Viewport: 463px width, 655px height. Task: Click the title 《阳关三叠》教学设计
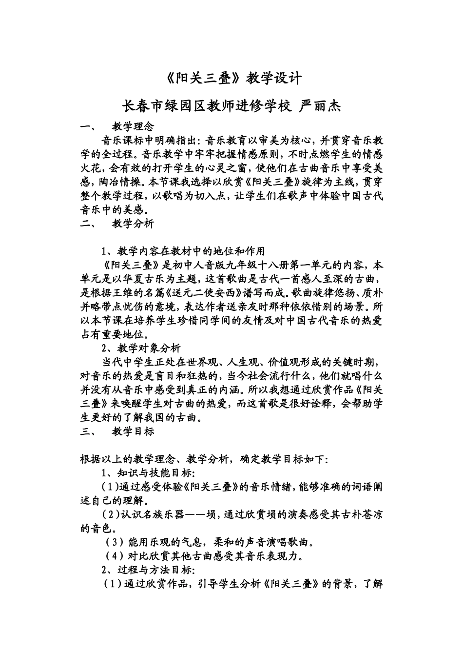pos(231,78)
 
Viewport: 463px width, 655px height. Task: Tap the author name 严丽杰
pos(318,106)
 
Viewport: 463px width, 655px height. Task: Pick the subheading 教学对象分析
pos(149,348)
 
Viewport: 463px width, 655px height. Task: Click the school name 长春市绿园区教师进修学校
pos(206,106)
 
